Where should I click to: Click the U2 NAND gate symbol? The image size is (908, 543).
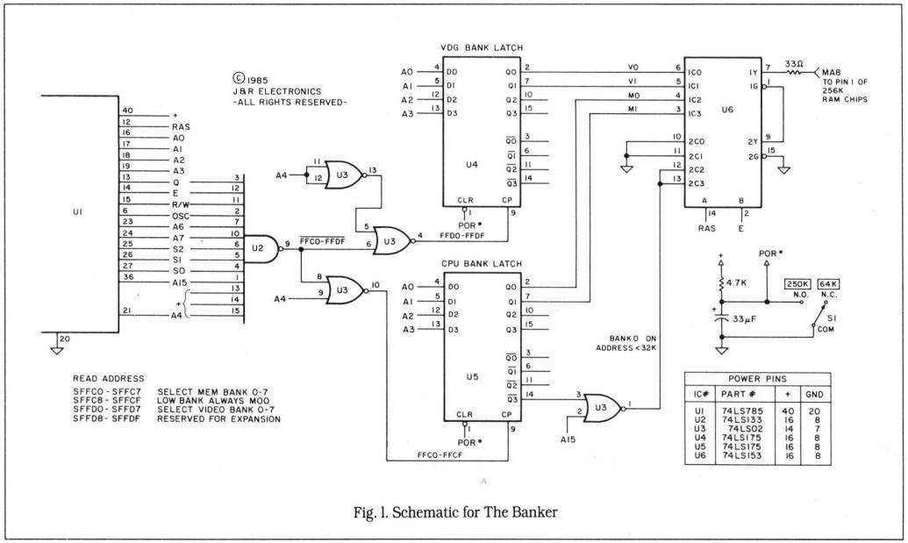[x=261, y=248]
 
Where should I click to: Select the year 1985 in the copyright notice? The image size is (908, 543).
[x=258, y=77]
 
